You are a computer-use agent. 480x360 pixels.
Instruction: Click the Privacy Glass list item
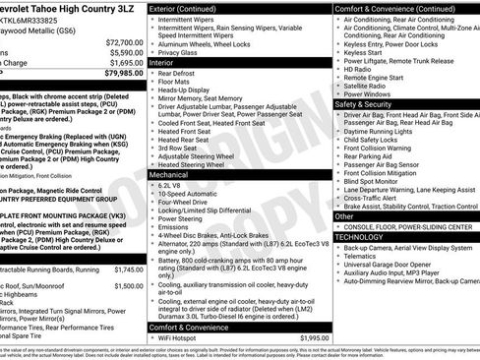point(182,52)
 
